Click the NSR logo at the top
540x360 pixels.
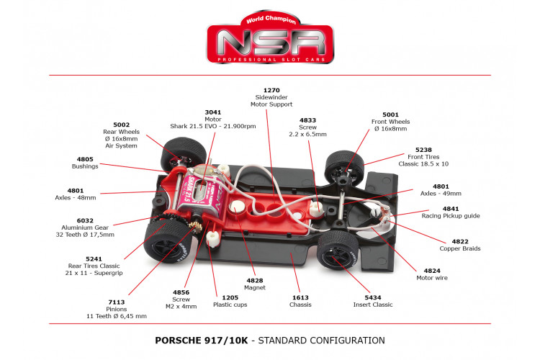point(270,37)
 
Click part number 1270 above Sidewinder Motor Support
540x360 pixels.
point(271,90)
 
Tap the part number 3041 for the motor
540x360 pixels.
point(213,112)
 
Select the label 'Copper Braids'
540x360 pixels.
point(460,248)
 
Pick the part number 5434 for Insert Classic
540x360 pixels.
point(373,297)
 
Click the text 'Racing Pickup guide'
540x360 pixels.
point(451,216)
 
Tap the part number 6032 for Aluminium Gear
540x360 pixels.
point(85,221)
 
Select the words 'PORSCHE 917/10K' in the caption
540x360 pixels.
point(202,341)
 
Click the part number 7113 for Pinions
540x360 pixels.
point(117,302)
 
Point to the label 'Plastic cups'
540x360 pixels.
point(230,305)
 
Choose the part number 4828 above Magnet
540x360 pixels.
point(255,281)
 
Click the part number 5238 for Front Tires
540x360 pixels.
point(423,150)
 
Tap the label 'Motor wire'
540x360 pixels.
point(432,278)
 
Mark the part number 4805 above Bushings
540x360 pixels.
point(85,159)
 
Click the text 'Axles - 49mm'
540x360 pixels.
point(441,194)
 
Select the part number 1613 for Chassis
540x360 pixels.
point(300,297)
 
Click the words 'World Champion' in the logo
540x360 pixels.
point(271,19)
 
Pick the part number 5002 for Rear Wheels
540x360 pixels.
point(122,125)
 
